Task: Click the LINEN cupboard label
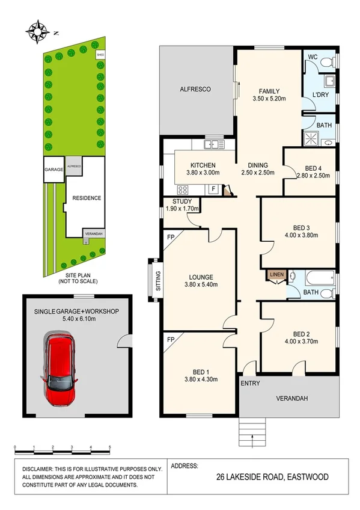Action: (x=276, y=275)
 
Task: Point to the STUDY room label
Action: (x=182, y=202)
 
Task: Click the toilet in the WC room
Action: (x=326, y=62)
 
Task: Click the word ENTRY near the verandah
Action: (x=250, y=383)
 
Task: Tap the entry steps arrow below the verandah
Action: (x=252, y=430)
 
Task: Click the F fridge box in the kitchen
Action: (x=213, y=189)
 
